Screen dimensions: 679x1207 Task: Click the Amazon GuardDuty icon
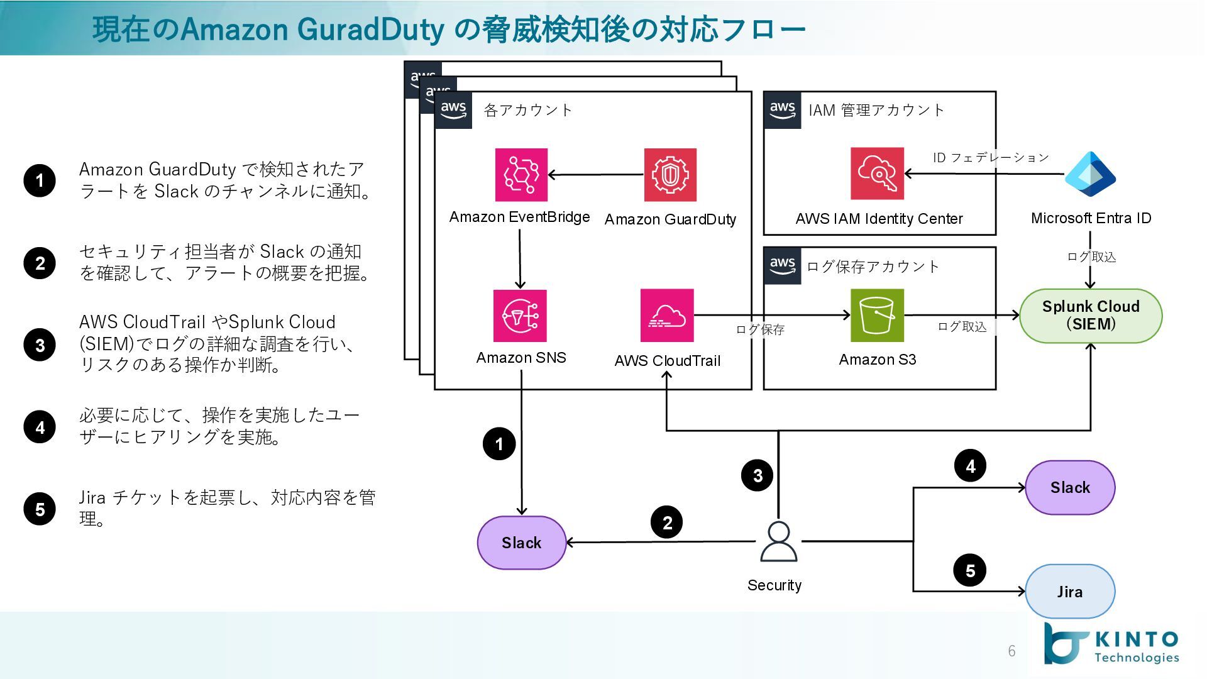pyautogui.click(x=670, y=175)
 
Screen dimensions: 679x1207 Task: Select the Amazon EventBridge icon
pyautogui.click(x=521, y=175)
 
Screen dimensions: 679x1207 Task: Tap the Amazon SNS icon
pyautogui.click(x=520, y=316)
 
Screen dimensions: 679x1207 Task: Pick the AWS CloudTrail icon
pyautogui.click(x=667, y=316)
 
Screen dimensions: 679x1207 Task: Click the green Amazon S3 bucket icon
pyautogui.click(x=877, y=316)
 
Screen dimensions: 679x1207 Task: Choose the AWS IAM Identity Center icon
pyautogui.click(x=877, y=174)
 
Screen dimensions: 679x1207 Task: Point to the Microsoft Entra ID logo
pyautogui.click(x=1090, y=174)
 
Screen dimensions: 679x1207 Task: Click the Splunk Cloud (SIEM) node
pyautogui.click(x=1091, y=316)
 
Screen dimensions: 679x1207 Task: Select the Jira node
pyautogui.click(x=1070, y=592)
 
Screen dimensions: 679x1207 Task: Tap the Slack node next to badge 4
pyautogui.click(x=1070, y=487)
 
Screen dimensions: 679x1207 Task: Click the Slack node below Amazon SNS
pyautogui.click(x=522, y=543)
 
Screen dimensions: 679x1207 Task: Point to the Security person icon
pyautogui.click(x=778, y=542)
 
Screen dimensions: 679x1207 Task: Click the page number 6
pyautogui.click(x=1011, y=651)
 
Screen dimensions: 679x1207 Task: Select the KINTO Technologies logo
pyautogui.click(x=1111, y=644)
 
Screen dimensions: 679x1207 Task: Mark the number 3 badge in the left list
pyautogui.click(x=40, y=345)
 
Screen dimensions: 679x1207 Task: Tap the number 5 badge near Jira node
pyautogui.click(x=970, y=570)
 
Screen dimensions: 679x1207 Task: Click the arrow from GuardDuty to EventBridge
pyautogui.click(x=596, y=175)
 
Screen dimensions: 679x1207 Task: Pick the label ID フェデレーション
pyautogui.click(x=991, y=157)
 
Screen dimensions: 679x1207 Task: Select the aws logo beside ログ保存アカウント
pyautogui.click(x=783, y=265)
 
